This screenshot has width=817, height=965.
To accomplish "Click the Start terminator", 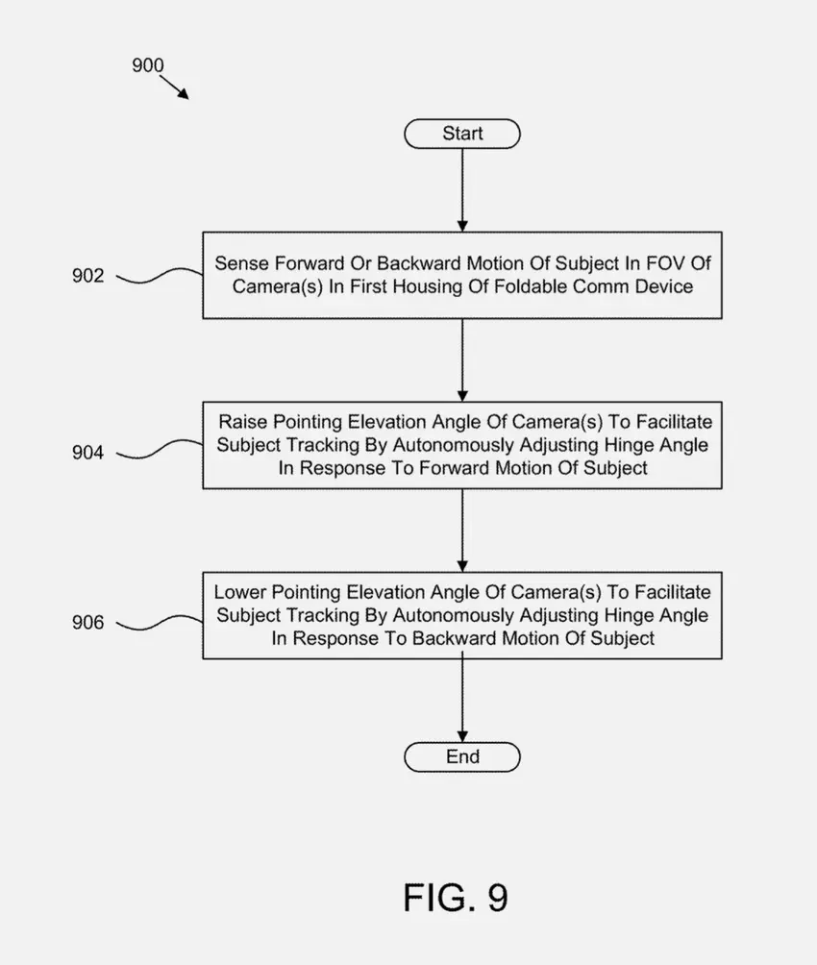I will (x=462, y=134).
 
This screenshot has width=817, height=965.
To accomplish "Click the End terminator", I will (x=462, y=757).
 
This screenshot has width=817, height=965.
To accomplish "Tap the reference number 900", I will (x=147, y=66).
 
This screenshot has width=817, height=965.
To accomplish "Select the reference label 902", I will (x=88, y=277).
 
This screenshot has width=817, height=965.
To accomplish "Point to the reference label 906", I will (x=88, y=624).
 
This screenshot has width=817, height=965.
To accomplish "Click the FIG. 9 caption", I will (x=455, y=897).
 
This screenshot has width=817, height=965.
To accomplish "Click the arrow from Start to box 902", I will (x=462, y=189).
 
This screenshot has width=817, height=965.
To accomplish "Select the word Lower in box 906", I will (x=240, y=592).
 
